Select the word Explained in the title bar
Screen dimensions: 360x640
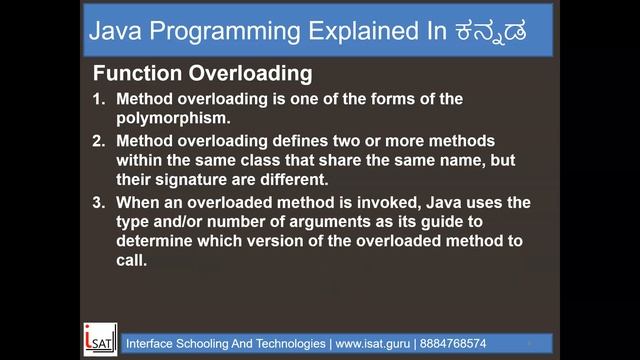pyautogui.click(x=350, y=32)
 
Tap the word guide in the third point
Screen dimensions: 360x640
pyautogui.click(x=484, y=223)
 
